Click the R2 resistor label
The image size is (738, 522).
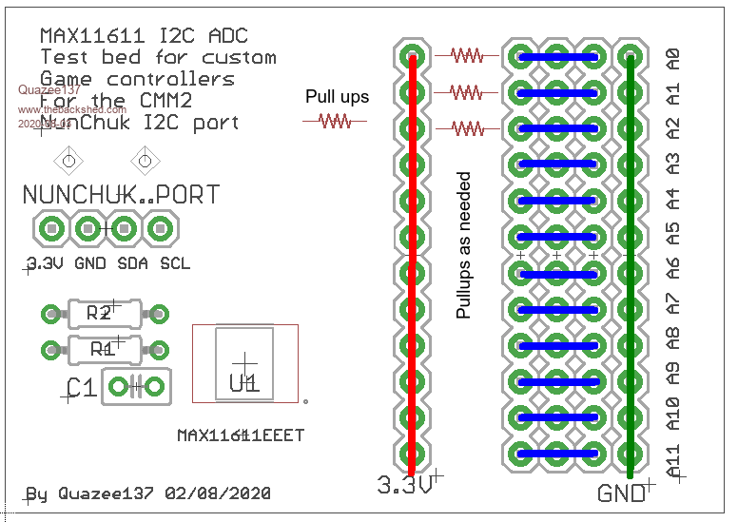[x=99, y=314]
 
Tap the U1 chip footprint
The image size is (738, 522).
[x=244, y=365]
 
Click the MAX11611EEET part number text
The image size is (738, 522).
[x=241, y=435]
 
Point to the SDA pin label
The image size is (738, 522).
[x=132, y=263]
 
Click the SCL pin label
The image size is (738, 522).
[x=175, y=263]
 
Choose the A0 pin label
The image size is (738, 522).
[x=673, y=58]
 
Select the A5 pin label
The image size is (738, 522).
[x=673, y=233]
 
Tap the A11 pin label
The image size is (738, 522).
[x=673, y=460]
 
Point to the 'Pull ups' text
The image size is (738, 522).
[x=337, y=97]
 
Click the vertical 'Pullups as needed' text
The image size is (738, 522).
[x=464, y=244]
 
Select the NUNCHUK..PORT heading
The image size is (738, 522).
[x=121, y=195]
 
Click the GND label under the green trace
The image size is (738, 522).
[x=620, y=494]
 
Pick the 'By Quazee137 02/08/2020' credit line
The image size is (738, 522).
[x=148, y=494]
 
